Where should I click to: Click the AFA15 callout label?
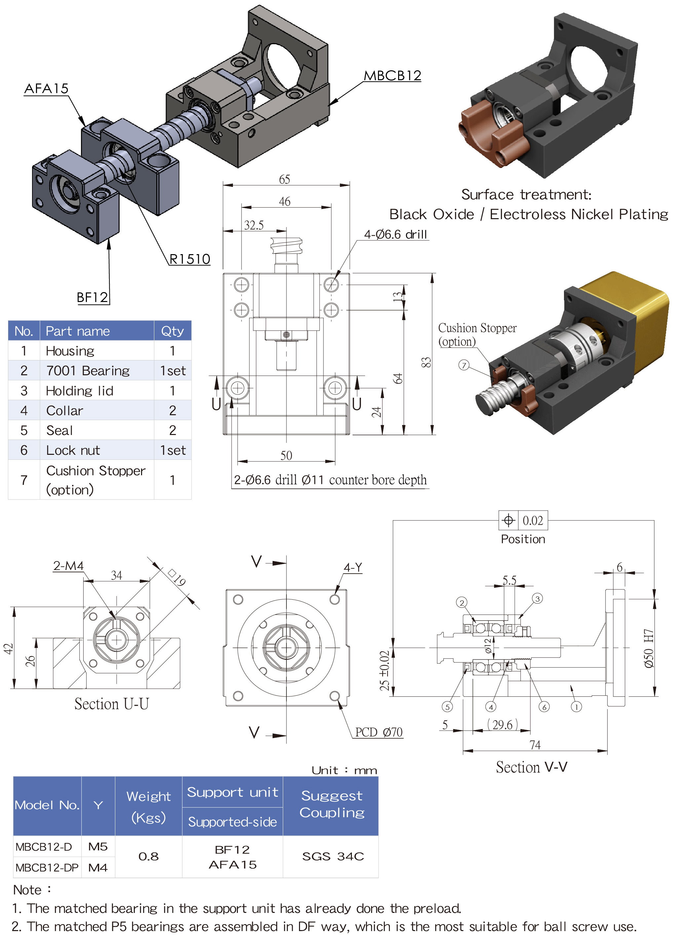[46, 88]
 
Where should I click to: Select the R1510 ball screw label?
[190, 259]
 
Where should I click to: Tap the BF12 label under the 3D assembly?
[92, 297]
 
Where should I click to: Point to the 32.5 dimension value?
[254, 225]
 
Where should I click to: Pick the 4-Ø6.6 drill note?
[395, 234]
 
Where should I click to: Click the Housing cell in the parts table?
[70, 351]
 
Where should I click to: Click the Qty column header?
[172, 331]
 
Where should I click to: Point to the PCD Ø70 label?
[379, 732]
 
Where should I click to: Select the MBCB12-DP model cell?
[47, 867]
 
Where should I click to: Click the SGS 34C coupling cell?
[333, 856]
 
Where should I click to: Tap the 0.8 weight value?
[148, 856]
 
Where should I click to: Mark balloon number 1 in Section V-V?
[576, 707]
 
